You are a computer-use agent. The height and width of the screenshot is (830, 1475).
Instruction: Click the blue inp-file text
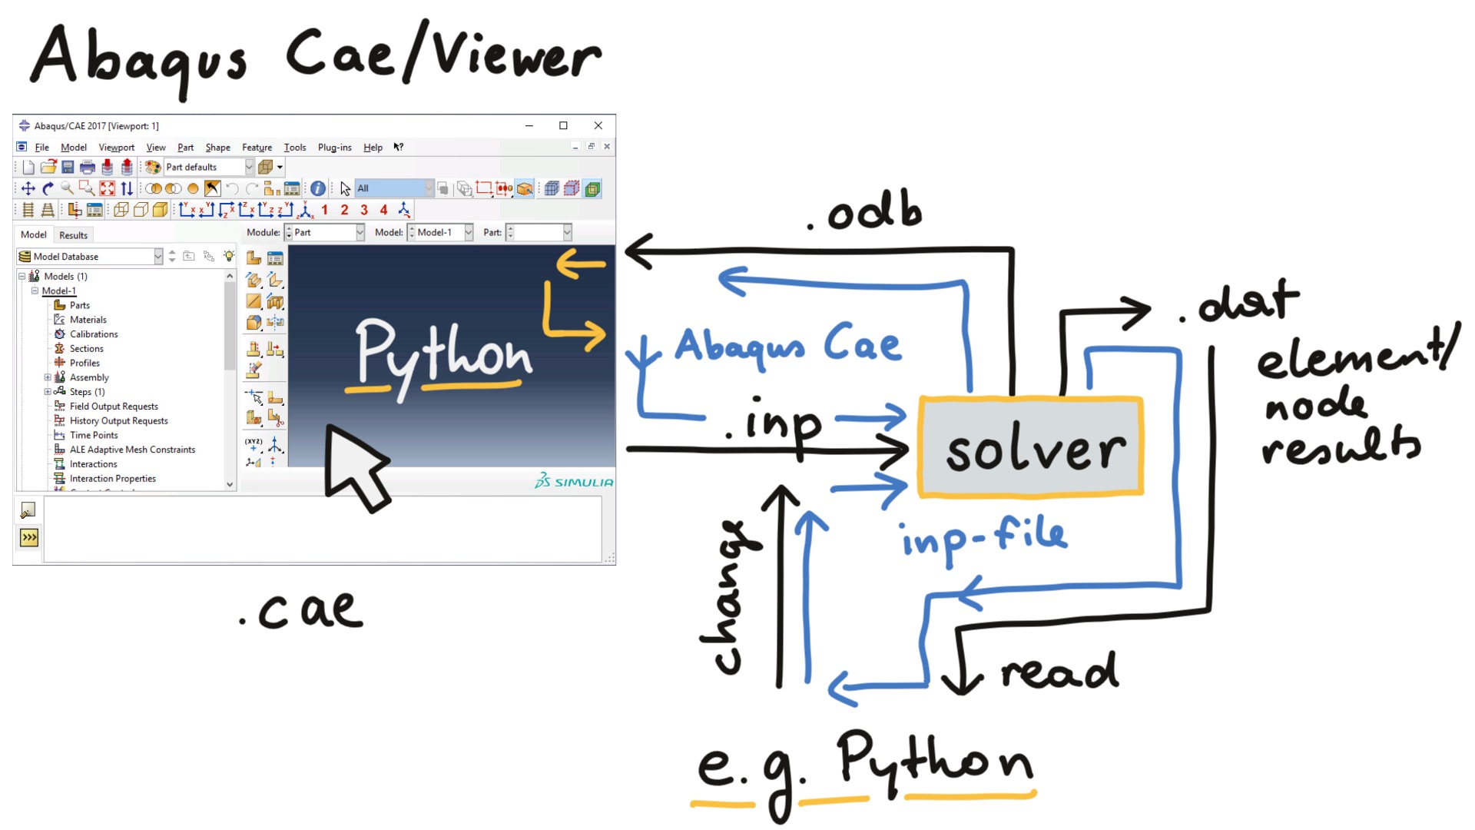click(x=983, y=537)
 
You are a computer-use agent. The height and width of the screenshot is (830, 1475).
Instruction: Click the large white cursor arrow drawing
click(x=353, y=466)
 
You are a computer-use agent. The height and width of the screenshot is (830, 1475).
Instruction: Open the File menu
click(x=41, y=148)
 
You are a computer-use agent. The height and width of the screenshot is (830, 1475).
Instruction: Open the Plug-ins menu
click(x=334, y=148)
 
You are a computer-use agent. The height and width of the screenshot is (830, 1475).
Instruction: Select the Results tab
click(x=73, y=235)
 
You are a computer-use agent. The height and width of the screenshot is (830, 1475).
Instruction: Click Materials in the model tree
click(x=88, y=320)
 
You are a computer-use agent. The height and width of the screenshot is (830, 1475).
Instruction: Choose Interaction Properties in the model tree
click(x=112, y=479)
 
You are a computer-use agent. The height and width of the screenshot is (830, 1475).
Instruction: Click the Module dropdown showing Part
click(x=326, y=232)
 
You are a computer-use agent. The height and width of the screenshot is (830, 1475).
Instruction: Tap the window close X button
click(x=598, y=125)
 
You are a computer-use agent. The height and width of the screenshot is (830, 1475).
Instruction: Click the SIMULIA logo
click(x=574, y=482)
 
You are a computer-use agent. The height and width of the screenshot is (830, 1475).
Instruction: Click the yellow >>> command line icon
click(x=29, y=537)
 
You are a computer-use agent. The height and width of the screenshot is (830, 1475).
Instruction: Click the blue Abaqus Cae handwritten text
click(x=787, y=346)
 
